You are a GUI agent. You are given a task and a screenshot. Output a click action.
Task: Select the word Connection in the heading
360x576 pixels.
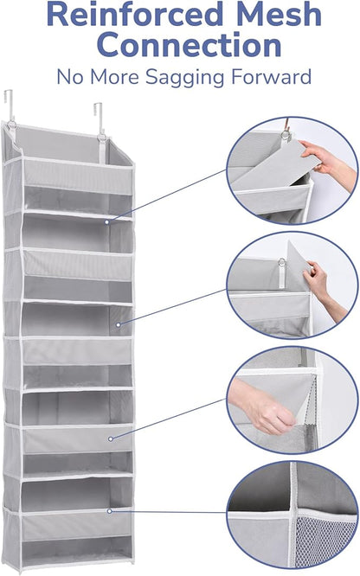tap(180, 45)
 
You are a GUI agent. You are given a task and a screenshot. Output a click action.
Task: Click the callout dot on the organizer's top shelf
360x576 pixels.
tap(106, 222)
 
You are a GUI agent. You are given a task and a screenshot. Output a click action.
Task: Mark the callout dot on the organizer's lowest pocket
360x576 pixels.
tap(110, 511)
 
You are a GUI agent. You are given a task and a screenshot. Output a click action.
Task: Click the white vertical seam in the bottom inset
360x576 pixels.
tap(294, 510)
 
